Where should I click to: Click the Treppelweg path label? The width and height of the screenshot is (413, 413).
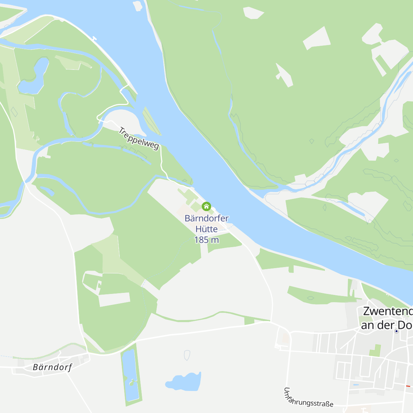[139, 138]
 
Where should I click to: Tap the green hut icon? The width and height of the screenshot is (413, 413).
[206, 206]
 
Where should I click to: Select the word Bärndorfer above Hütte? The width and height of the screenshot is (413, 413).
[206, 218]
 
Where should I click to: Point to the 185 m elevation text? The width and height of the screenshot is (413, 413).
[206, 240]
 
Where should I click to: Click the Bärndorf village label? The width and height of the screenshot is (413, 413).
[52, 367]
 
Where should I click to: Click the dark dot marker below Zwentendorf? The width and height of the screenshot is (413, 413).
[396, 331]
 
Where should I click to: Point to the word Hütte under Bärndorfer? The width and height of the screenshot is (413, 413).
[206, 229]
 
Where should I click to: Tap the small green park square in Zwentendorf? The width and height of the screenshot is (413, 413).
[375, 350]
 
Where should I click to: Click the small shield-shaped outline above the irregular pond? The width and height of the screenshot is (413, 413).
[187, 355]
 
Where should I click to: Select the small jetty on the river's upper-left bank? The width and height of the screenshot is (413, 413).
[94, 39]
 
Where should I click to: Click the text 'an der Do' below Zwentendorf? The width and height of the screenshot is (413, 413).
[386, 325]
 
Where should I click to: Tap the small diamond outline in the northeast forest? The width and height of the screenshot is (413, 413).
[312, 141]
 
